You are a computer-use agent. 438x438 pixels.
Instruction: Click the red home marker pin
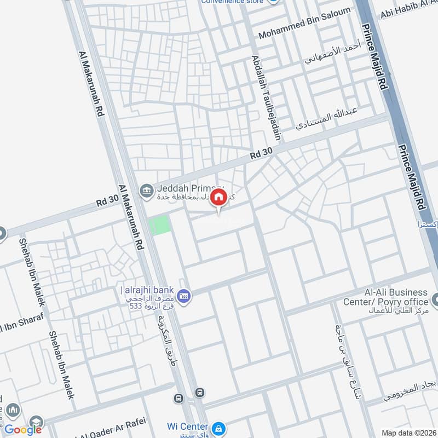click(x=218, y=198)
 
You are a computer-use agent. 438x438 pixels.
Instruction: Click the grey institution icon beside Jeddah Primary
click(x=146, y=191)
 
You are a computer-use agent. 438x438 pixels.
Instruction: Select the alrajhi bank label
click(x=147, y=290)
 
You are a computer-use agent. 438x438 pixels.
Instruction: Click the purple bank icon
click(x=185, y=295)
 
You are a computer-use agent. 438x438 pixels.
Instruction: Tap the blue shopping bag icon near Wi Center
click(x=218, y=427)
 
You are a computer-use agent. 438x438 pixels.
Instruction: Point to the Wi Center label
click(x=187, y=427)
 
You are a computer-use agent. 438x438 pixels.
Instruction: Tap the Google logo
click(x=24, y=430)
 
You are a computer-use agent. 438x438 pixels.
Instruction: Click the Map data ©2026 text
click(x=408, y=433)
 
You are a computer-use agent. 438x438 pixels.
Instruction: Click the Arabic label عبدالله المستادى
click(x=326, y=118)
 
